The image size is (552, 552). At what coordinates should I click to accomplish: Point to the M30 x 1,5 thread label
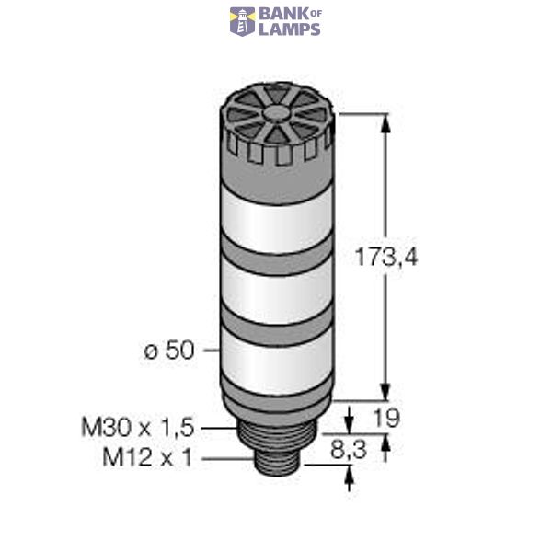(x=139, y=427)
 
